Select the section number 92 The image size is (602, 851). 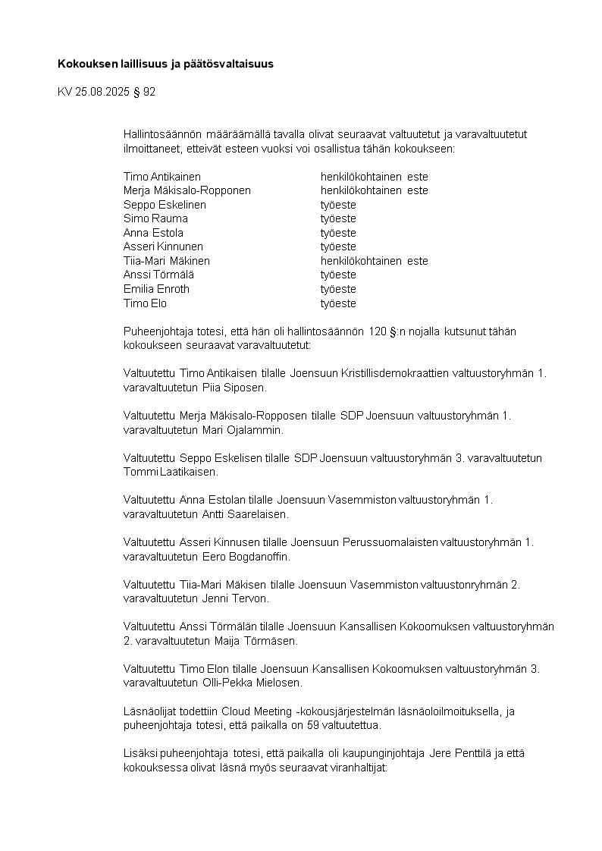(149, 93)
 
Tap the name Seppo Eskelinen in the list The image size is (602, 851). (165, 205)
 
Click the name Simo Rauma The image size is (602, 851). (155, 218)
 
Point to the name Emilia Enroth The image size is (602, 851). (156, 289)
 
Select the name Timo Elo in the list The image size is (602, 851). (145, 303)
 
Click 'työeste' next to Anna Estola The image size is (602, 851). (337, 233)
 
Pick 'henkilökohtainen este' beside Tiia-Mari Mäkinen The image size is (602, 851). (374, 261)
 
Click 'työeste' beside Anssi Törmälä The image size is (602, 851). (337, 275)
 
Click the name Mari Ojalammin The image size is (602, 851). (242, 430)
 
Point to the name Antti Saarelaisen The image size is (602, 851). (245, 514)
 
